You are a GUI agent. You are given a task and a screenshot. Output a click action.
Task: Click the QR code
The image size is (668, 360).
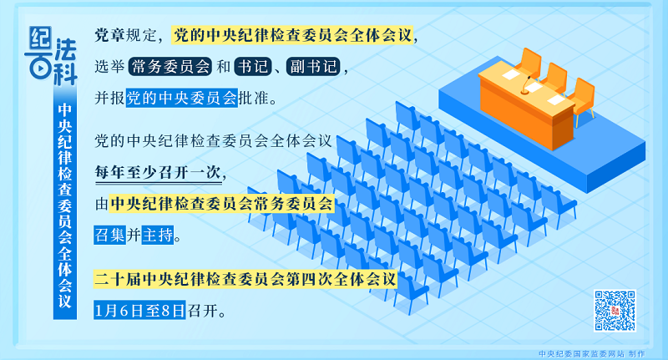point(615,311)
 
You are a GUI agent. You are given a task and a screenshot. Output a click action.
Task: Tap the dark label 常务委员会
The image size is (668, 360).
point(170,67)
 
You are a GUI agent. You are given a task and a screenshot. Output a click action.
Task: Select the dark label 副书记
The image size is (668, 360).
point(313,67)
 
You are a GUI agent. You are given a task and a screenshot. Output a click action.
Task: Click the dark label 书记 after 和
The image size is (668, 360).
point(253,67)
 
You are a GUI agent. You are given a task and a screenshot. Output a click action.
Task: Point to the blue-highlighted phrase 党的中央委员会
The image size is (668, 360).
point(182,98)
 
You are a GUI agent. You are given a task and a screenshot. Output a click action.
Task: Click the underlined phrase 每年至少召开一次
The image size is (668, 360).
point(159,173)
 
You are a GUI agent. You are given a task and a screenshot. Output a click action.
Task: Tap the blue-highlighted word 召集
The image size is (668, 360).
point(110,235)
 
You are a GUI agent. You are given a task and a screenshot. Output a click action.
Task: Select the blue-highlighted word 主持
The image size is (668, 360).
point(158,235)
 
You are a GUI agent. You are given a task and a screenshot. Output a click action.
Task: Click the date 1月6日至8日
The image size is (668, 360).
point(139,310)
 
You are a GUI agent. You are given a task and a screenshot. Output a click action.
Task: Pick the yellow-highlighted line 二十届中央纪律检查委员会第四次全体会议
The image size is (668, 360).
point(245,280)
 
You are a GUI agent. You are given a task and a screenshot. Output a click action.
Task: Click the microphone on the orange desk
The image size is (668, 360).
point(526,85)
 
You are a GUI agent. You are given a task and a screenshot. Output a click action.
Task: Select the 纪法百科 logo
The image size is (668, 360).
point(52,55)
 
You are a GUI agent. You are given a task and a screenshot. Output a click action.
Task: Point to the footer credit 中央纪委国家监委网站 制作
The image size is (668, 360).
point(592,353)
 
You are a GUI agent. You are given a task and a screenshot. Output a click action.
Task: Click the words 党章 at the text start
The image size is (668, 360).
point(109,35)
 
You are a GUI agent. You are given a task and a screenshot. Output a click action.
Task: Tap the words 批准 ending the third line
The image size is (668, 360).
point(254,98)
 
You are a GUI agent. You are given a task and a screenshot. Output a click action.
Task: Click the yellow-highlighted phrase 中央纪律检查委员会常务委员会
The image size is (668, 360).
point(221,204)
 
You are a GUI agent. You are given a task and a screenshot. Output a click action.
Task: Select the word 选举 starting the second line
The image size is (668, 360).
point(109,67)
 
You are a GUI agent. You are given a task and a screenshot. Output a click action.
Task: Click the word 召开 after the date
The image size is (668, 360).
point(203,310)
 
